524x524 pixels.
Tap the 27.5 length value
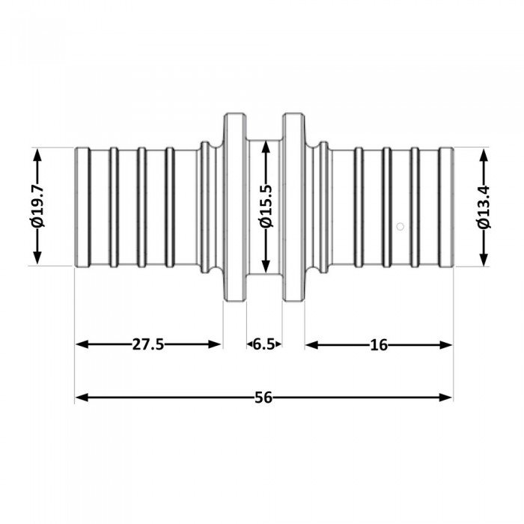pyautogui.click(x=148, y=344)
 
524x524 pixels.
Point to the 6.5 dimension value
pyautogui.click(x=263, y=344)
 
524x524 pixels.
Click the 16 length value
pyautogui.click(x=378, y=344)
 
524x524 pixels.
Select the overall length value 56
pyautogui.click(x=263, y=397)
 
